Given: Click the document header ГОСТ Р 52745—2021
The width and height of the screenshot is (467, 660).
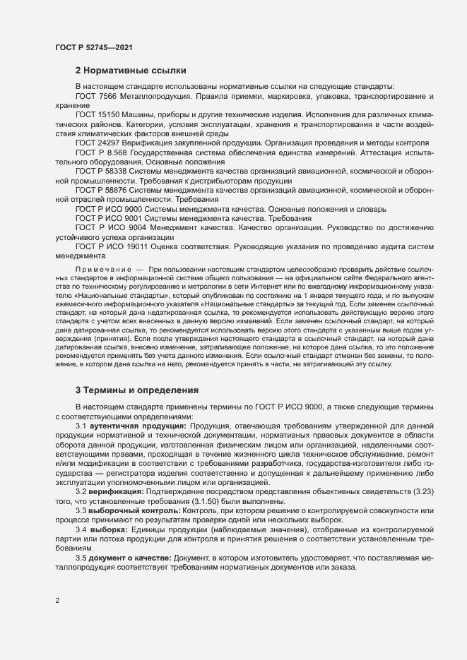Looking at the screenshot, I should coord(92,47).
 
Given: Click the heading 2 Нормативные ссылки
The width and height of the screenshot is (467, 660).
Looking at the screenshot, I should coord(131,71).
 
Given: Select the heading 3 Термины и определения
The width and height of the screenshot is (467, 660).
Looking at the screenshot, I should coord(138,390).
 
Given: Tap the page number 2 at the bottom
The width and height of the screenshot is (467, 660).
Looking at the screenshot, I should coord(57,601).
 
